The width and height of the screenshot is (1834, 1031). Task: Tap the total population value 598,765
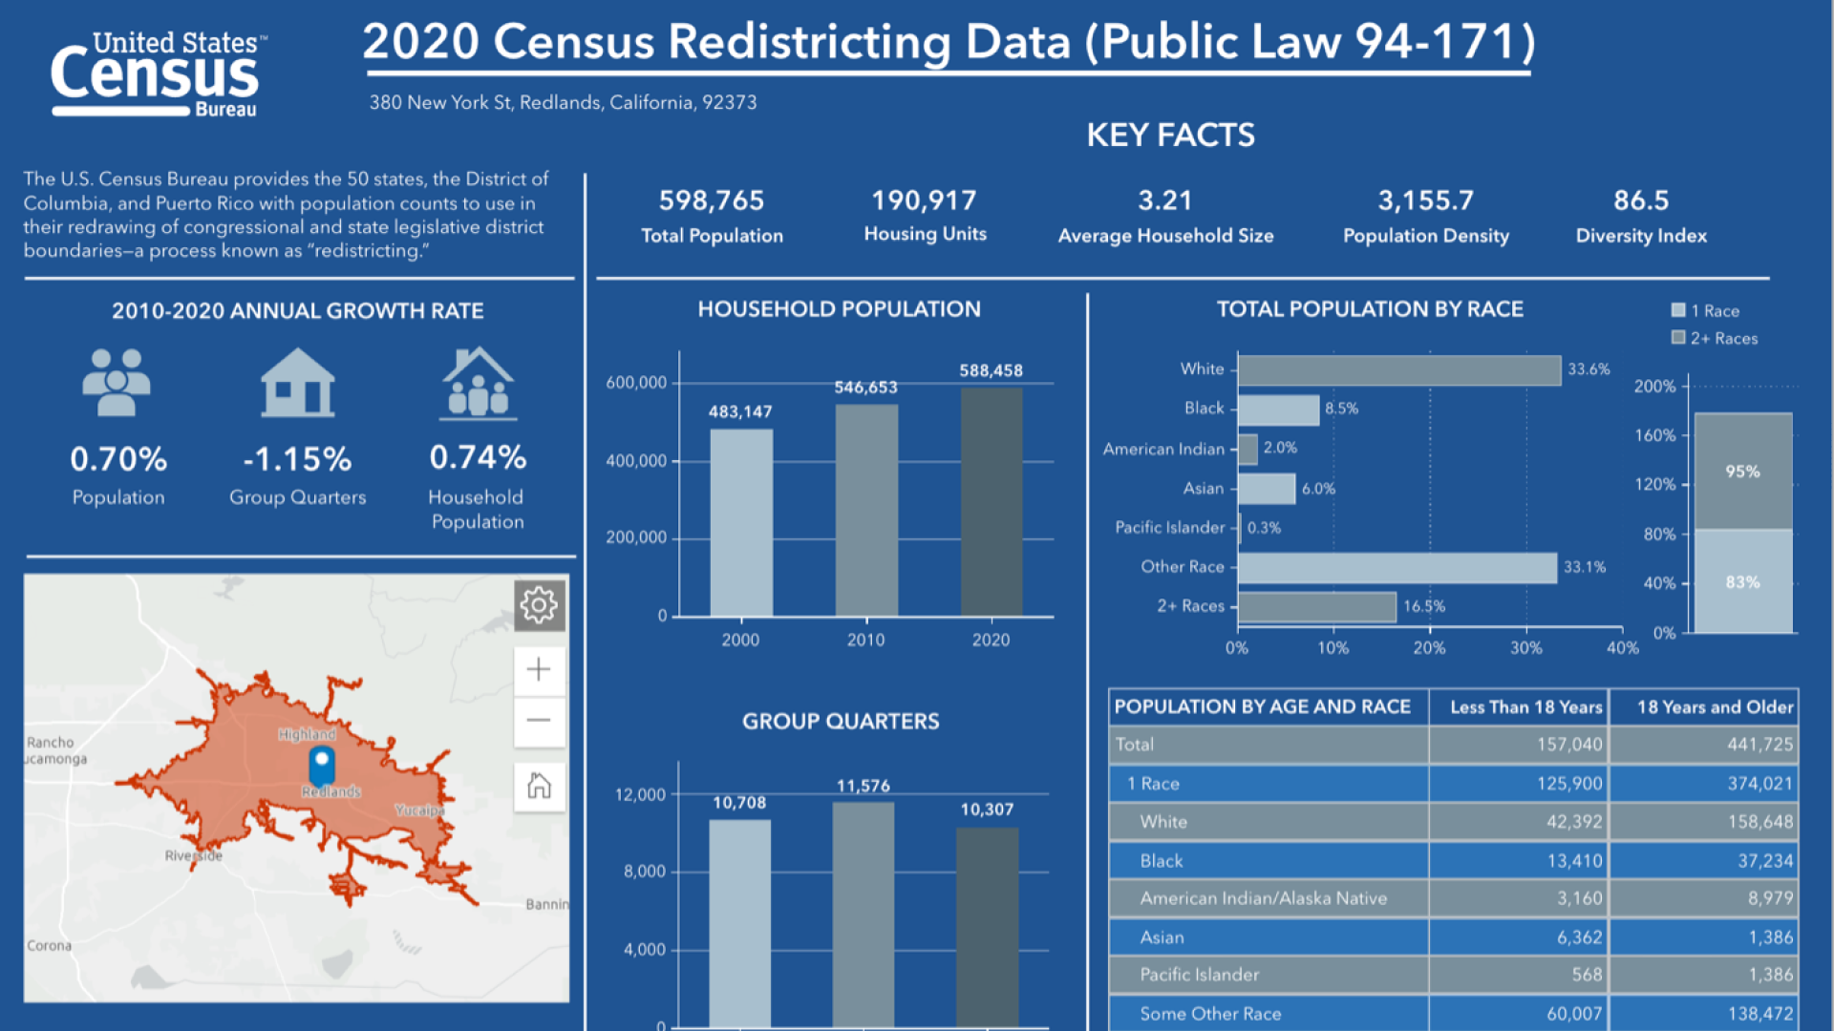(x=712, y=200)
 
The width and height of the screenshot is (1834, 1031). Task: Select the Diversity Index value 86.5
(x=1641, y=200)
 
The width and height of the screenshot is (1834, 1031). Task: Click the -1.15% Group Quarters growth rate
(x=297, y=460)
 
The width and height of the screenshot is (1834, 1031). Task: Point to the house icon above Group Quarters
(x=297, y=383)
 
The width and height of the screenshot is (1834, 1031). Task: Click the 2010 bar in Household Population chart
(x=866, y=510)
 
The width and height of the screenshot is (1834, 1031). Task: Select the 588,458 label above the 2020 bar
(x=991, y=370)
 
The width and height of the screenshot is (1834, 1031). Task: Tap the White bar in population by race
(x=1398, y=370)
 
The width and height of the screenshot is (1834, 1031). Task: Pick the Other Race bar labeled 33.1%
(x=1397, y=568)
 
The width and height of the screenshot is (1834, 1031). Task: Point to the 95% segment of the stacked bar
(x=1742, y=472)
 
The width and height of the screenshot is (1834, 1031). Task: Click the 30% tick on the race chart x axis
(x=1525, y=648)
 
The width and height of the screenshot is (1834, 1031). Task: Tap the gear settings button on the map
(x=539, y=604)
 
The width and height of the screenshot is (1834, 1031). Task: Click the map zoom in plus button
(x=539, y=669)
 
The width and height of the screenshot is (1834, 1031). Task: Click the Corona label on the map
(x=49, y=945)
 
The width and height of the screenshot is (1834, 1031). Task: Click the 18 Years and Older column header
(x=1714, y=707)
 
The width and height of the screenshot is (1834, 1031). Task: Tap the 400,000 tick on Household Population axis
(x=636, y=461)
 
